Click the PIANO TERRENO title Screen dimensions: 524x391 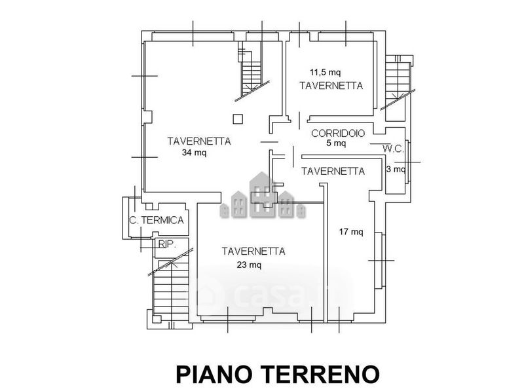(278, 374)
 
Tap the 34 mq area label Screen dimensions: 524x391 (194, 153)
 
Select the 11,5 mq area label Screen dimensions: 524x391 (325, 72)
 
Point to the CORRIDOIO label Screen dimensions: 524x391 (338, 134)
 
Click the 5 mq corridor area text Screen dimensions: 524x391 (336, 143)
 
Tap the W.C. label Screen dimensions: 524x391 (394, 149)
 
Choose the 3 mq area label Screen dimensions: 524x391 (396, 169)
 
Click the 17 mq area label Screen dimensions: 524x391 (351, 232)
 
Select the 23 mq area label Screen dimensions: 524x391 (249, 265)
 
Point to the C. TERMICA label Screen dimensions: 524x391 (157, 220)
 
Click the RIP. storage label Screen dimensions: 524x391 (167, 244)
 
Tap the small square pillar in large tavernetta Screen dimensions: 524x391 (238, 119)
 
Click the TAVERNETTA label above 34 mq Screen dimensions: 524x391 (199, 141)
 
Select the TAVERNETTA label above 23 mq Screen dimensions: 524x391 (253, 251)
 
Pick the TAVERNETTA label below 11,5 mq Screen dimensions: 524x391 (331, 86)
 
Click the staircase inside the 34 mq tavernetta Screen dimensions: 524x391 (251, 71)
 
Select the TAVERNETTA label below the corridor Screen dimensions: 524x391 (333, 172)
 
